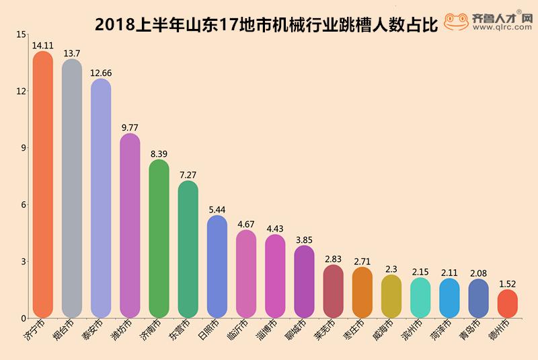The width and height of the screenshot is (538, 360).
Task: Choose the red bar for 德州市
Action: click(x=507, y=304)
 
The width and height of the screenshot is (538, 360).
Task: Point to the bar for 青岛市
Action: click(x=478, y=299)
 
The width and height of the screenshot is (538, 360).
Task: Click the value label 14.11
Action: click(x=42, y=46)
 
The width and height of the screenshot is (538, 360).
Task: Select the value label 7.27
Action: click(x=188, y=175)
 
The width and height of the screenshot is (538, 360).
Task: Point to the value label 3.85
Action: click(x=304, y=240)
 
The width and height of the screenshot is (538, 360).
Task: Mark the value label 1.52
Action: click(x=507, y=284)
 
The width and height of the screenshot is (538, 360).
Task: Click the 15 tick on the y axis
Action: click(x=22, y=34)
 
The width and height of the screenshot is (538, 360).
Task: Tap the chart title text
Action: click(x=266, y=25)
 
